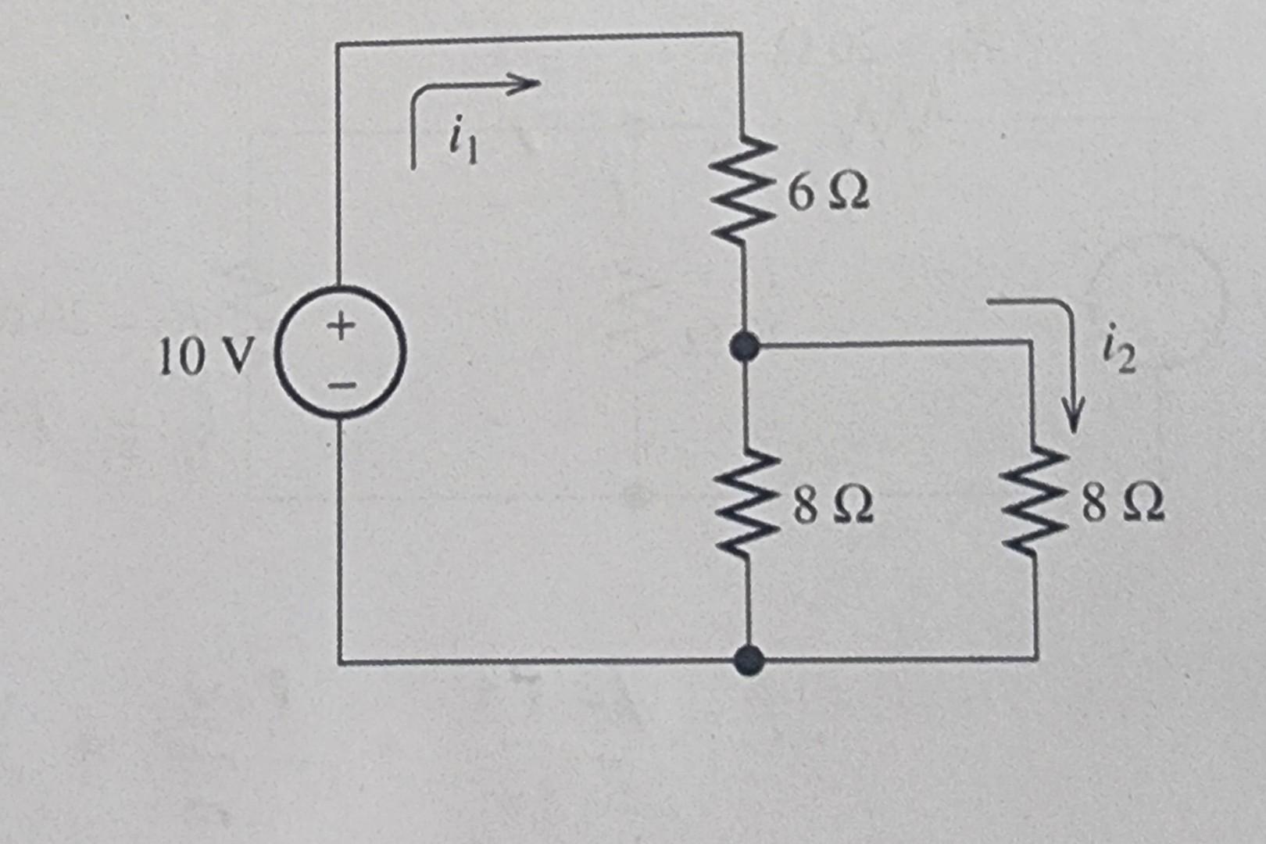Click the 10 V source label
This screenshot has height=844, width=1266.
pyautogui.click(x=206, y=358)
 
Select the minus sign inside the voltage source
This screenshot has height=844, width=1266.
pyautogui.click(x=342, y=384)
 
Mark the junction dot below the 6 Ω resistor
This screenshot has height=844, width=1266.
pyautogui.click(x=744, y=345)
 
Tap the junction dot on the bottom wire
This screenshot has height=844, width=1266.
pyautogui.click(x=749, y=661)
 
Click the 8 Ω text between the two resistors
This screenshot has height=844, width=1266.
pyautogui.click(x=833, y=506)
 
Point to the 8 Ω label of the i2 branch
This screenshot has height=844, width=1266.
pyautogui.click(x=1124, y=504)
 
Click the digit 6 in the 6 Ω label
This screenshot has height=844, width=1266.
pyautogui.click(x=800, y=193)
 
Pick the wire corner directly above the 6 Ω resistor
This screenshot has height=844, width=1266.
pyautogui.click(x=739, y=35)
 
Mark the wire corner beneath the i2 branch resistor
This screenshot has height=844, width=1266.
pyautogui.click(x=1037, y=659)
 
